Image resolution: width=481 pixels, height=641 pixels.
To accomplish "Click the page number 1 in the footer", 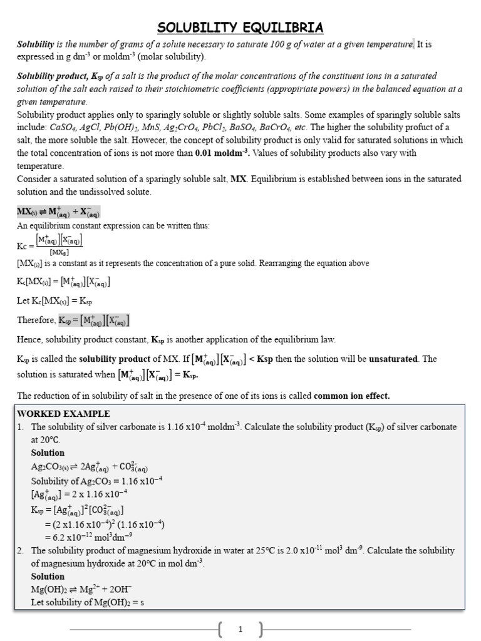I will pyautogui.click(x=240, y=630).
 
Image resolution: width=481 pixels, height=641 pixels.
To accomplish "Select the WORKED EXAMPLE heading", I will pyautogui.click(x=63, y=414).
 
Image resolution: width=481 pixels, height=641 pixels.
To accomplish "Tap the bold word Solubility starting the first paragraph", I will pyautogui.click(x=35, y=44).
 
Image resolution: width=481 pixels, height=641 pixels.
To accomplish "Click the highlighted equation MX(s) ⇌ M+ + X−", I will pyautogui.click(x=58, y=212).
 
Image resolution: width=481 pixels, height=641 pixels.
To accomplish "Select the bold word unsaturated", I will pyautogui.click(x=393, y=359).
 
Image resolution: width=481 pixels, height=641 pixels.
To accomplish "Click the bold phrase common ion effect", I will pyautogui.click(x=351, y=396).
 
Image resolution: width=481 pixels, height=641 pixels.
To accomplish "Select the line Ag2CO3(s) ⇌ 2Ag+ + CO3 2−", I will pyautogui.click(x=90, y=467).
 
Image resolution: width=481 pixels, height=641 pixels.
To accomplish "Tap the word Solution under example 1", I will pyautogui.click(x=48, y=453).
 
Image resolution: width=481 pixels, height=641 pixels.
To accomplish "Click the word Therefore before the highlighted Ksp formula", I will pyautogui.click(x=36, y=320).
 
